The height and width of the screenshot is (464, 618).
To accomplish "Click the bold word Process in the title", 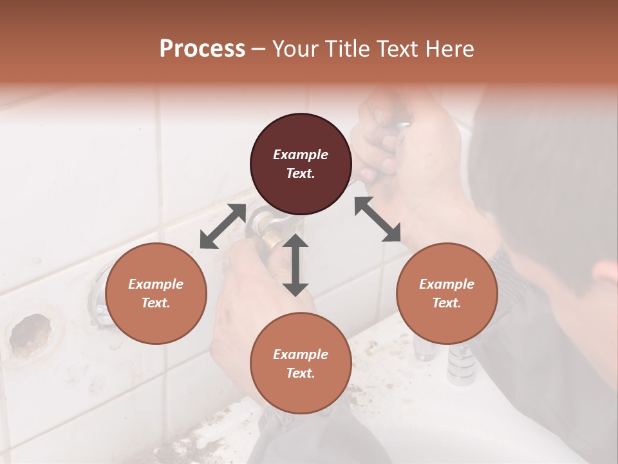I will point(202,49).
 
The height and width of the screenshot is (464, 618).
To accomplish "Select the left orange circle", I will point(156,293).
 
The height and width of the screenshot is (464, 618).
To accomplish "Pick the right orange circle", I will point(447,293).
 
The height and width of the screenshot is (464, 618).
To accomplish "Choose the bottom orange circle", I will point(301,363).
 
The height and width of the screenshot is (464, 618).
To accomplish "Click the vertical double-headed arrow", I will point(295,265).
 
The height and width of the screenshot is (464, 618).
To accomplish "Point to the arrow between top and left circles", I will point(223,226).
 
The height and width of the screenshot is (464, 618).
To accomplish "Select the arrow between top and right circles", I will point(378,219).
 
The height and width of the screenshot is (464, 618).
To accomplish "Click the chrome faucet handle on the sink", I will point(462,364).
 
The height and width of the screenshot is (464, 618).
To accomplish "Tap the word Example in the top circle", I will point(301,155).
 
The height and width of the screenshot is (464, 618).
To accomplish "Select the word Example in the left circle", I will point(156,284).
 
